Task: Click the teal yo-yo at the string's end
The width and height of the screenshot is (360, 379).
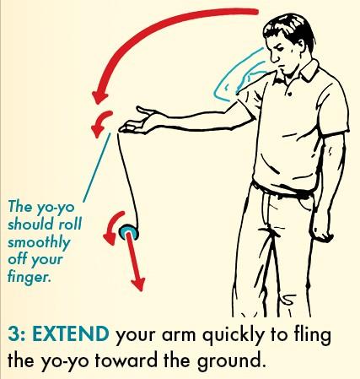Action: pos(129,232)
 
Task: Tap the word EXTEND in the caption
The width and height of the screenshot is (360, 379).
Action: pos(71,334)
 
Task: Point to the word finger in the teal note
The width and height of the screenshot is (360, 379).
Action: pos(29,276)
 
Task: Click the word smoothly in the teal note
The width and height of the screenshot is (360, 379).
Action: pos(39,242)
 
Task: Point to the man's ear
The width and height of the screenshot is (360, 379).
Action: pos(301,46)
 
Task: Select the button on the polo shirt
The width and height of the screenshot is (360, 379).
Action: pos(289,93)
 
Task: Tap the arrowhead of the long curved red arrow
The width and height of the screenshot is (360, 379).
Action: pos(99,96)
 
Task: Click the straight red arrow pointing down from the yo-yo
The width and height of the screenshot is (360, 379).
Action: pos(135,261)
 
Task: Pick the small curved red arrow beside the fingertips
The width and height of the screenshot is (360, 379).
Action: pos(99,122)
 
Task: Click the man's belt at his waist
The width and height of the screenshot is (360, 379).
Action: pos(282,192)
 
